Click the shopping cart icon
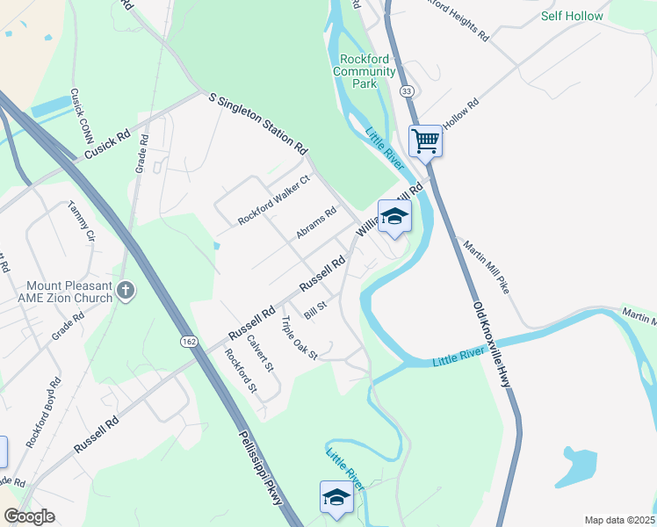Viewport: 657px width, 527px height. pos(426,141)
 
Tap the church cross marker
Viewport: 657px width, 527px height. pos(126,291)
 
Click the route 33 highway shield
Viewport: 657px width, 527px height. pos(405,90)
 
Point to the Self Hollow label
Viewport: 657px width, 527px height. pos(572,16)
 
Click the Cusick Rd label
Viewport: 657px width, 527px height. pos(107,145)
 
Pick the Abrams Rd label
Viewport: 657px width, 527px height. pos(316,223)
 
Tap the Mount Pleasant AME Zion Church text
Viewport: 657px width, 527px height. pos(58,292)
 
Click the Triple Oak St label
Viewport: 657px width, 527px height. pos(300,338)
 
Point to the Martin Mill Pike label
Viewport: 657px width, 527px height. pos(487,268)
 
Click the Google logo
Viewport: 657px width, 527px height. pos(30,516)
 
